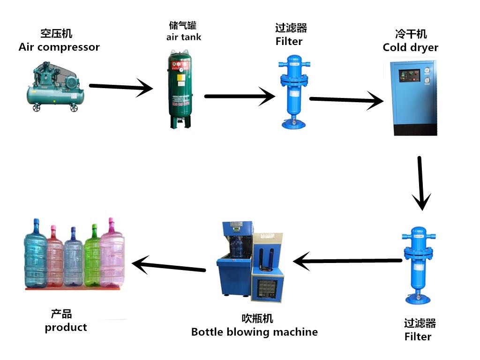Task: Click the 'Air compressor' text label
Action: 59,47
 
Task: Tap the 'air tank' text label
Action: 183,37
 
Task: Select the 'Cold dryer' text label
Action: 410,47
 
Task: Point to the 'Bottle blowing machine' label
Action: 254,332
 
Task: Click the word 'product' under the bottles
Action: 66,327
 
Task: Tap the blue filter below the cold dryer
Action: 417,265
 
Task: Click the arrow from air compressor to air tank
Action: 120,87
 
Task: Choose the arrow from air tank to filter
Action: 239,97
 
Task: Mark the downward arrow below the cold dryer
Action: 420,183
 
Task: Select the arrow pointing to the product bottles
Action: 169,266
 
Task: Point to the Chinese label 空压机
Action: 56,34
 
